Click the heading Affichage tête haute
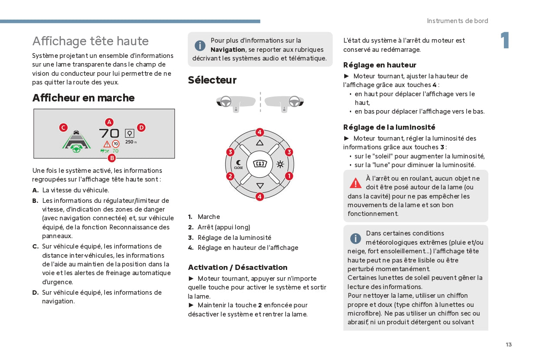click(91, 41)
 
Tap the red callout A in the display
click(109, 122)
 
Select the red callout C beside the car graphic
click(64, 128)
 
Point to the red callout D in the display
click(141, 128)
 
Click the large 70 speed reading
click(109, 134)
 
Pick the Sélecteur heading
click(212, 80)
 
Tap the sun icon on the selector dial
click(279, 164)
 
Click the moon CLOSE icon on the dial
click(239, 165)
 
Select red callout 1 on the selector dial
click(289, 176)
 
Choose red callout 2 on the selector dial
click(230, 176)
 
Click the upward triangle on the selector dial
click(260, 143)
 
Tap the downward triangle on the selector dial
click(260, 186)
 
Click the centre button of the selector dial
click(260, 164)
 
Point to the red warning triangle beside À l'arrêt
click(356, 183)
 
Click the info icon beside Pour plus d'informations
click(200, 45)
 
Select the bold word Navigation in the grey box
click(228, 50)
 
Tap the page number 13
click(509, 345)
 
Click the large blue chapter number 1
click(505, 41)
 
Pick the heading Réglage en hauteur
click(379, 65)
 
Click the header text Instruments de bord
click(457, 21)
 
